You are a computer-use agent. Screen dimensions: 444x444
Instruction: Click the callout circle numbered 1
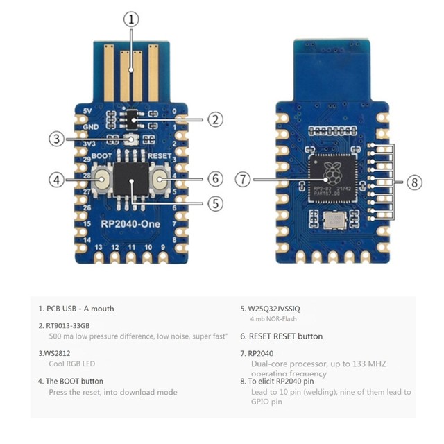click(x=132, y=19)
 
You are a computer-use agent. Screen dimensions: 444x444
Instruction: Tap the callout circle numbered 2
click(x=216, y=119)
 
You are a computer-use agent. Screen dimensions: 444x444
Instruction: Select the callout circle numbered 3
click(x=56, y=139)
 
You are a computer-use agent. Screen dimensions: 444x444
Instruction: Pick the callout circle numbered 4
click(x=56, y=179)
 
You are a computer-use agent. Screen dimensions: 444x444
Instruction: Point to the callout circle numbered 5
click(x=216, y=203)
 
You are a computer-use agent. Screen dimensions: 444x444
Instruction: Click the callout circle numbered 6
click(x=216, y=179)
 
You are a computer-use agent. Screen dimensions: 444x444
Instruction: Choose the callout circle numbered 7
click(x=242, y=179)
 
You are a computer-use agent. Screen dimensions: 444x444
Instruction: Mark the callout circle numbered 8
click(x=414, y=182)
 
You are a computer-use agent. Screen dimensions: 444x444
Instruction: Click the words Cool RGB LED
click(x=72, y=364)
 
